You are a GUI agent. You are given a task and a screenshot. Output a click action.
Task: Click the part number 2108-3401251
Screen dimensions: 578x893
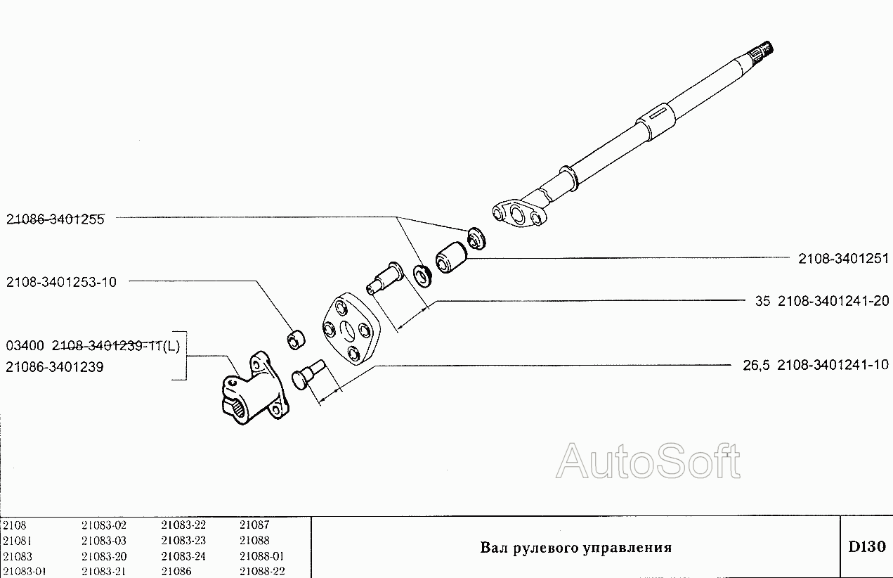click(843, 259)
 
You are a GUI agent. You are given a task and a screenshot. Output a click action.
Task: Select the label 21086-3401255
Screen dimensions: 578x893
click(56, 219)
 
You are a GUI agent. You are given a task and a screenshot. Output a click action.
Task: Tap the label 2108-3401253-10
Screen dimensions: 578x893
click(62, 282)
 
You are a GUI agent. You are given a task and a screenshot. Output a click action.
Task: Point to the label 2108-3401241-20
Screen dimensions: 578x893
click(833, 302)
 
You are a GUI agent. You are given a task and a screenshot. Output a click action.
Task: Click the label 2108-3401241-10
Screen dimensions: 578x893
click(833, 364)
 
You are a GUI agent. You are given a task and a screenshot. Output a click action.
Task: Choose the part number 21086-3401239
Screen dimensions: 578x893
click(54, 366)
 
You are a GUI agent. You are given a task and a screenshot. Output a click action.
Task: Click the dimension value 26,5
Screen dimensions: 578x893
click(755, 364)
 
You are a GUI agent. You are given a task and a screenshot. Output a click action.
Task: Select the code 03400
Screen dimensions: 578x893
click(25, 345)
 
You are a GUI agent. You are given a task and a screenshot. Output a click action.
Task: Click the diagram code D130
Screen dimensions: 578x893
click(866, 546)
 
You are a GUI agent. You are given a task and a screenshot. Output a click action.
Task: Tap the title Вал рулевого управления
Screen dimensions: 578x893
click(575, 547)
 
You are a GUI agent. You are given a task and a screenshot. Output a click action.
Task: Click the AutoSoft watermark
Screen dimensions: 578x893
click(648, 461)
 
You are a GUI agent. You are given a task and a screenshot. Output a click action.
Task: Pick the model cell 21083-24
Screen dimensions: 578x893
click(183, 556)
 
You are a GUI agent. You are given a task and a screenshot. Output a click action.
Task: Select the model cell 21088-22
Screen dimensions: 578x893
click(261, 572)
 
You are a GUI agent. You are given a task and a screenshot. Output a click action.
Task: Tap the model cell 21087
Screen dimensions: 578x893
click(254, 525)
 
